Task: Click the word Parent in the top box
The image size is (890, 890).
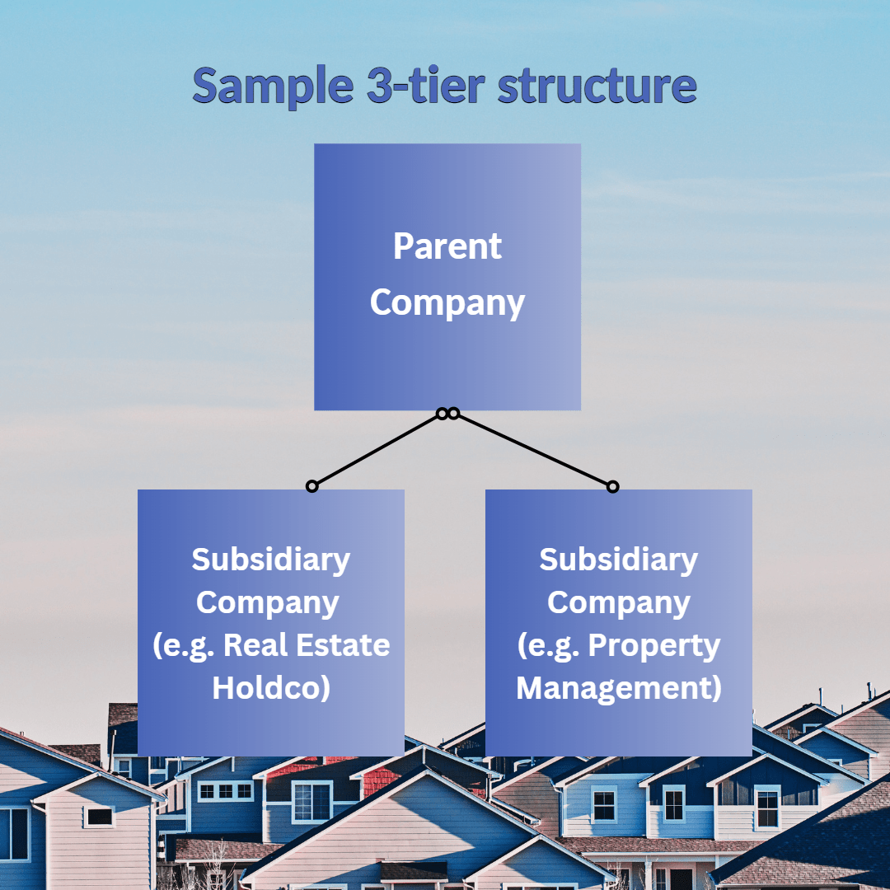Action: (447, 246)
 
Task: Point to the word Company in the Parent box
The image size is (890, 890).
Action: (447, 302)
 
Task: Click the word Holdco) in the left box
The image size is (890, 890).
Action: (271, 687)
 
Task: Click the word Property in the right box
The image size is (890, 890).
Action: (654, 644)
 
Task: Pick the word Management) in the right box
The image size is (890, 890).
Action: (619, 687)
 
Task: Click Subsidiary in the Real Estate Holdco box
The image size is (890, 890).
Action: (271, 560)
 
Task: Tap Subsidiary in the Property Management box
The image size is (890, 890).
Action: (619, 560)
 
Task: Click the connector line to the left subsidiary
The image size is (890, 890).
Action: (377, 450)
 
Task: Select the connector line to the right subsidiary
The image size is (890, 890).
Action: (533, 450)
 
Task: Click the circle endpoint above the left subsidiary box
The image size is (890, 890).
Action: (311, 486)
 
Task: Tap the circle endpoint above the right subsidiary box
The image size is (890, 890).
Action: (612, 487)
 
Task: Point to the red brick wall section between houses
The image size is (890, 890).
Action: (382, 780)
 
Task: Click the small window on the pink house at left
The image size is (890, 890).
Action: (99, 816)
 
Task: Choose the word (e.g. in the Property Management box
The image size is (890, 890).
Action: (549, 644)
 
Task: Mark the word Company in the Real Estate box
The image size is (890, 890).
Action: (268, 602)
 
